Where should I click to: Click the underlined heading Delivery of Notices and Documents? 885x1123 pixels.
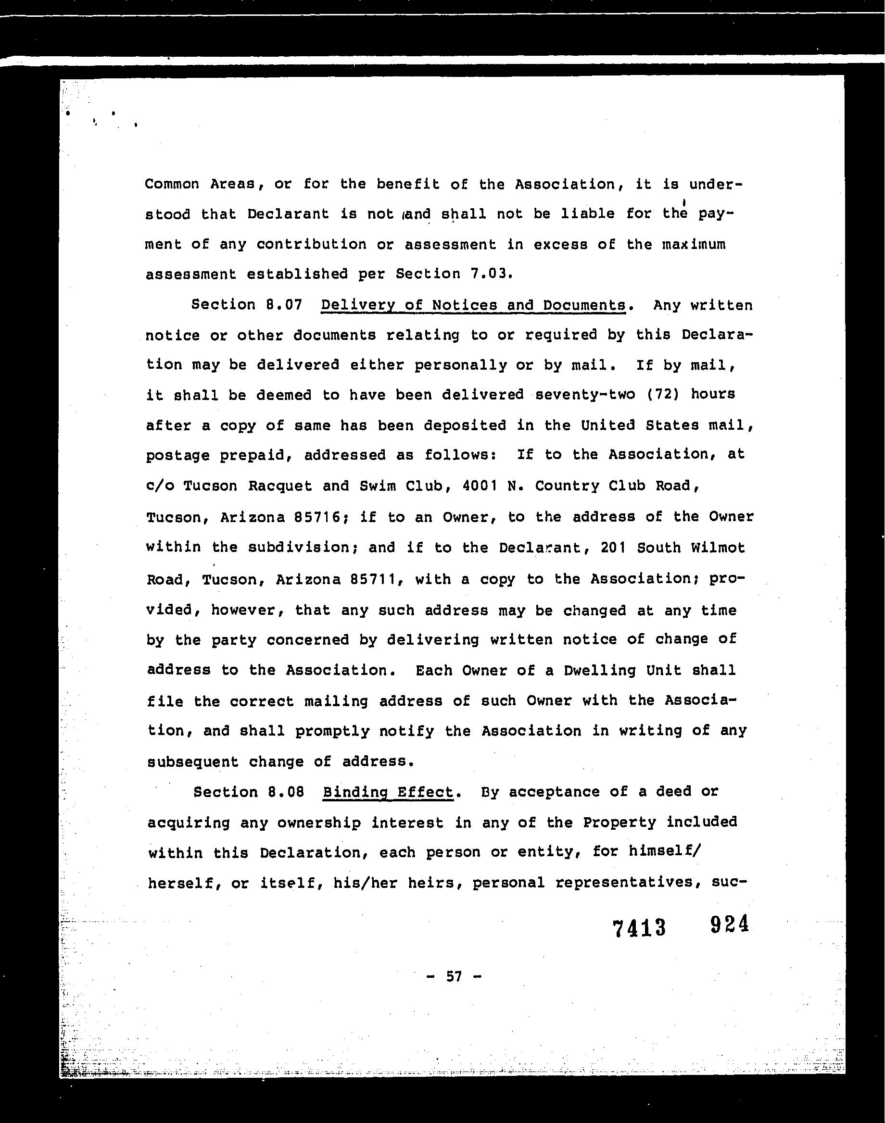click(x=473, y=305)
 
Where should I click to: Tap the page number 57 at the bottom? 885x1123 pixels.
click(x=454, y=976)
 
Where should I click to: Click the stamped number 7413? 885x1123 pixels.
click(x=639, y=928)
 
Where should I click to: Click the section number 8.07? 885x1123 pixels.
click(x=283, y=305)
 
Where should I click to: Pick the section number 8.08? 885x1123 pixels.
click(x=286, y=792)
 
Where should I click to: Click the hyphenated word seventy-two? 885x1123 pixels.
click(x=585, y=395)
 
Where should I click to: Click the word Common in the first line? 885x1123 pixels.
click(x=172, y=184)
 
